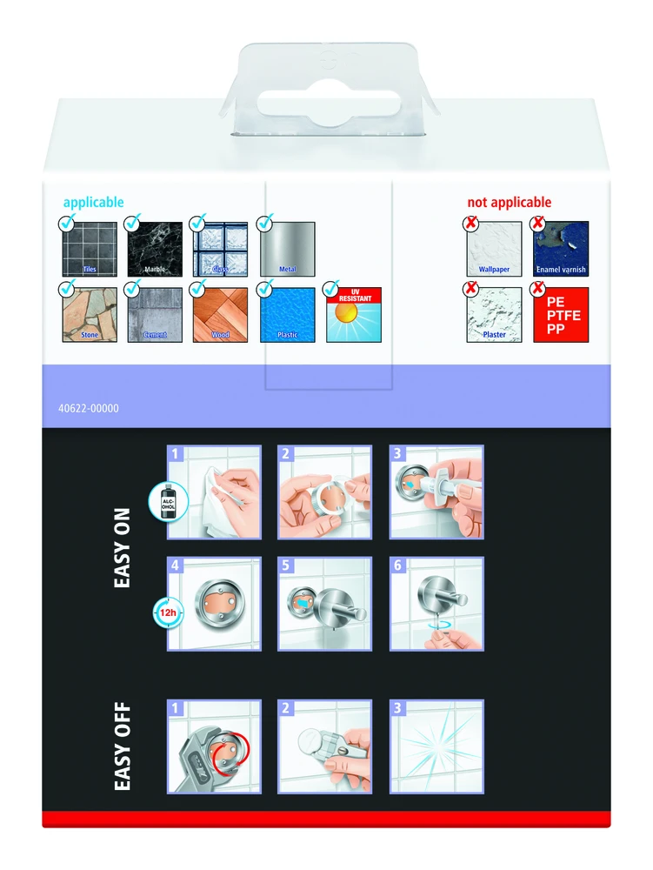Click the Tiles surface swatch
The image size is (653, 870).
pos(90,249)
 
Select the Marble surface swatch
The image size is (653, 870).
pos(155,249)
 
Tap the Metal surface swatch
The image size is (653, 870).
pos(287,249)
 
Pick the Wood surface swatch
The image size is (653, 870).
pos(220,315)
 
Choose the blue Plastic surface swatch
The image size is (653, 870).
pos(287,315)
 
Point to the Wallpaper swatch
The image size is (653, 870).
pos(494,249)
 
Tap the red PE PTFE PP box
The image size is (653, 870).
pos(561,315)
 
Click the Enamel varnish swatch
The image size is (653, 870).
pos(561,249)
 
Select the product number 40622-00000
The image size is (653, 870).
pos(89,408)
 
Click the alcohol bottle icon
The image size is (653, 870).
pos(168,502)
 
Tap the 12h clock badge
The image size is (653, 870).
pos(168,613)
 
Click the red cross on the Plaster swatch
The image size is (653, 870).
pos(471,289)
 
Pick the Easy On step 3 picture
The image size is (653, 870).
pos(436,492)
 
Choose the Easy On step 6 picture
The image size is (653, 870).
pos(436,604)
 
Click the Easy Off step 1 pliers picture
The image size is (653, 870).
pos(214,746)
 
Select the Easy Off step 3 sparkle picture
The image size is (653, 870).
pos(436,746)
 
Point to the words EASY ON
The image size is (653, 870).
pos(122,547)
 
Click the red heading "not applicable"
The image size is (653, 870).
pos(509,202)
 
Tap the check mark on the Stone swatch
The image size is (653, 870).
pos(67,288)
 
